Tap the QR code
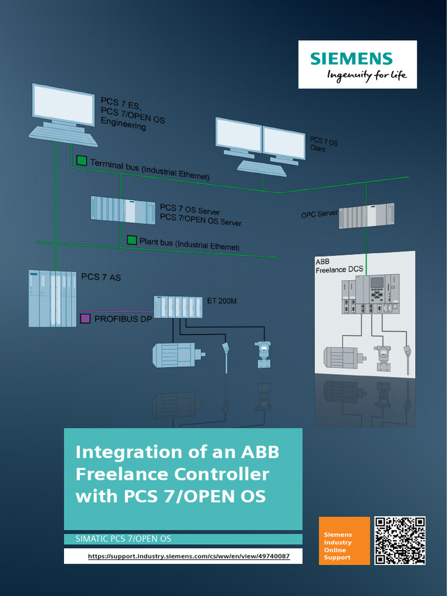pyautogui.click(x=400, y=541)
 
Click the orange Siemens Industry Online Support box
pyautogui.click(x=344, y=541)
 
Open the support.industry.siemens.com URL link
pyautogui.click(x=188, y=556)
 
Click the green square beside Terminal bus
pyautogui.click(x=81, y=161)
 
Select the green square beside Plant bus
pyautogui.click(x=132, y=239)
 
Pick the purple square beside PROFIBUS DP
pyautogui.click(x=85, y=318)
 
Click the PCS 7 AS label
pyautogui.click(x=101, y=277)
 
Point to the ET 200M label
pyautogui.click(x=222, y=301)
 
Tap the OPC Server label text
pyautogui.click(x=319, y=214)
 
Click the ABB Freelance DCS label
pyautogui.click(x=339, y=266)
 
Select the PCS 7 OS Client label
pyautogui.click(x=324, y=145)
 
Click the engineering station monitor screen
pyautogui.click(x=63, y=105)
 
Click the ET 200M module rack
pyautogui.click(x=178, y=307)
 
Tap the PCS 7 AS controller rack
pyautogui.click(x=52, y=298)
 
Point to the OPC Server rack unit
pyautogui.click(x=366, y=216)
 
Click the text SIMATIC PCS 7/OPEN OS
pyautogui.click(x=123, y=539)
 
